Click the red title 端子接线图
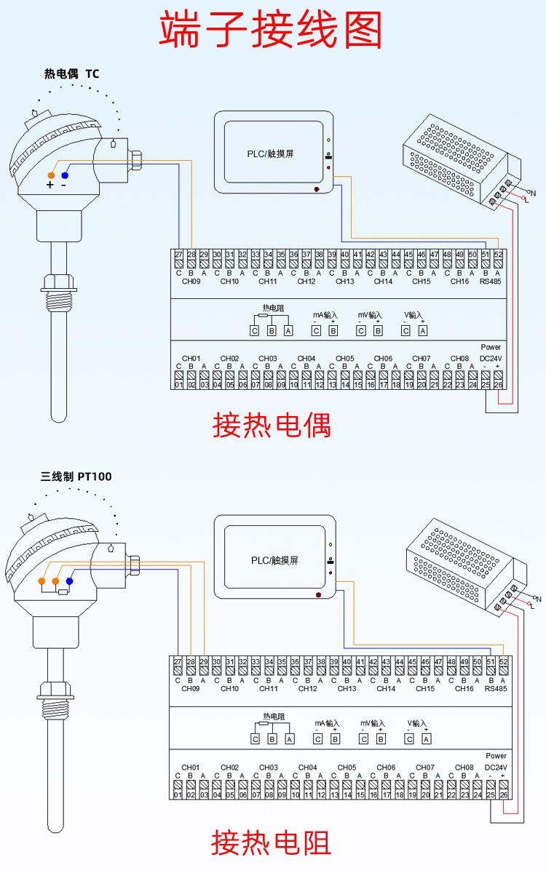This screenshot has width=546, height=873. click(x=272, y=31)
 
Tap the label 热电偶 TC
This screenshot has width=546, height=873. click(x=71, y=73)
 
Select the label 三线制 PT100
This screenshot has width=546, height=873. click(x=76, y=477)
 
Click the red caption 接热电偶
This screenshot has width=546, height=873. click(x=272, y=425)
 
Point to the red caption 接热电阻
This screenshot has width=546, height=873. click(x=271, y=842)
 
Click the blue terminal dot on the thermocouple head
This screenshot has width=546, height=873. click(x=66, y=175)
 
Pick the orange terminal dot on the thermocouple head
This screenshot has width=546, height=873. click(x=51, y=175)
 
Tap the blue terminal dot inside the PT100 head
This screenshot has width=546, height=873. click(x=70, y=581)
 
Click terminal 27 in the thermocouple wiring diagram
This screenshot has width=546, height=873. click(x=178, y=255)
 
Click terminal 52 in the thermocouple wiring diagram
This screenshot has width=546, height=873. click(x=499, y=255)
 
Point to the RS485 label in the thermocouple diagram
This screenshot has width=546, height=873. click(x=492, y=282)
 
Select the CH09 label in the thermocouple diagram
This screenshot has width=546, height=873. click(x=191, y=282)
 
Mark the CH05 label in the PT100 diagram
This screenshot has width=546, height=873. click(x=347, y=768)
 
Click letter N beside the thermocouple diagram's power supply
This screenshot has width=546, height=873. click(x=534, y=193)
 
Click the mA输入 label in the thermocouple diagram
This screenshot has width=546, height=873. click(x=325, y=315)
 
